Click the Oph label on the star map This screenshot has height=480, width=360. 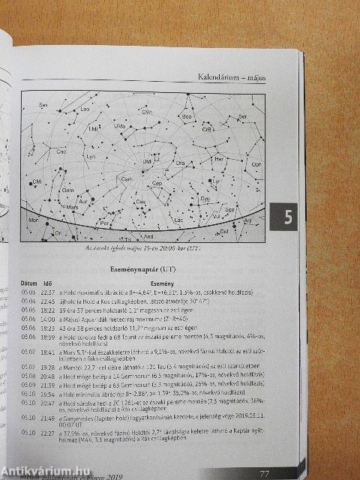tap(256, 163)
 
